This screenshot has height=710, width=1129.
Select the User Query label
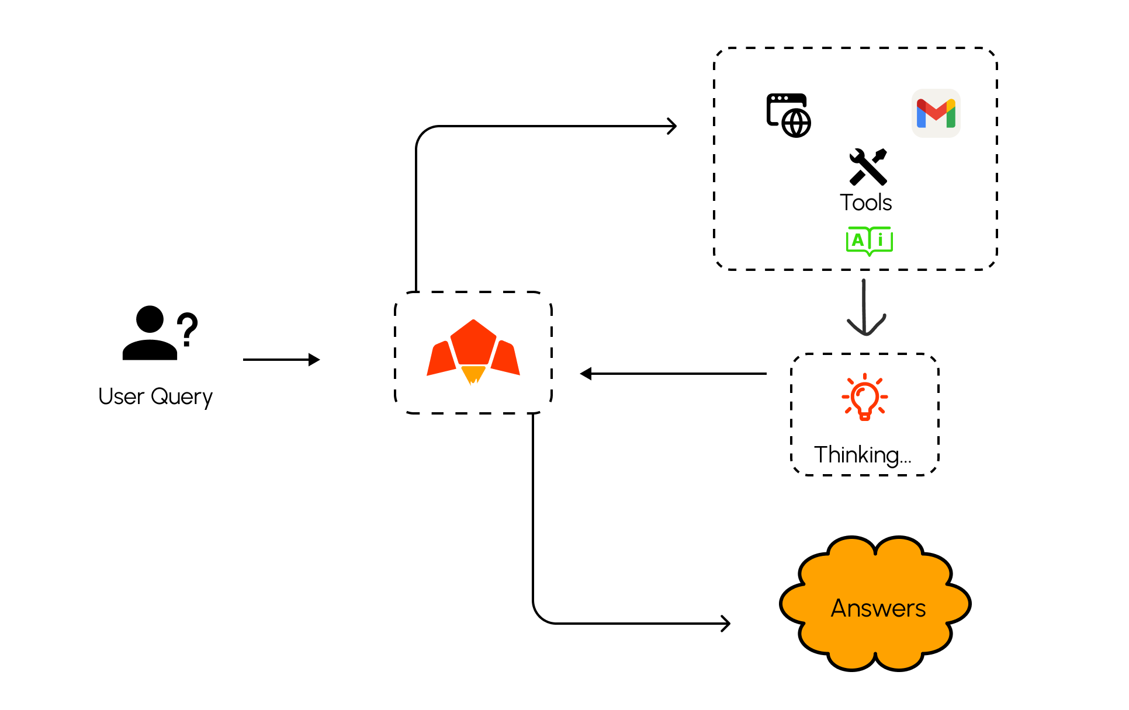point(155,396)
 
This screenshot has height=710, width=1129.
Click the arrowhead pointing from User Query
point(314,360)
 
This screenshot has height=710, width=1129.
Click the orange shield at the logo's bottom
point(473,374)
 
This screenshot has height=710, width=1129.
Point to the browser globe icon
point(789,116)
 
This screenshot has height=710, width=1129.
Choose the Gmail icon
point(936,113)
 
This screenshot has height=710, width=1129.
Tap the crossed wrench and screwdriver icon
point(868,167)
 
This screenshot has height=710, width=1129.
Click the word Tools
point(866,203)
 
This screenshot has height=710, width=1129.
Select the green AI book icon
point(870,241)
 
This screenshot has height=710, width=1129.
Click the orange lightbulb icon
point(865,397)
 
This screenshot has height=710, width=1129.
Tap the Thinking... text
point(863,455)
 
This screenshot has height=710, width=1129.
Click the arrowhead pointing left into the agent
point(586,374)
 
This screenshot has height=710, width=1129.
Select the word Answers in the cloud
point(878,608)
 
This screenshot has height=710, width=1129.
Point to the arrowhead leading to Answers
point(725,624)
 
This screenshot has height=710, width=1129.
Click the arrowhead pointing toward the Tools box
point(672,126)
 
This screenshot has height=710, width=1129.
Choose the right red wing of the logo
point(505,357)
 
